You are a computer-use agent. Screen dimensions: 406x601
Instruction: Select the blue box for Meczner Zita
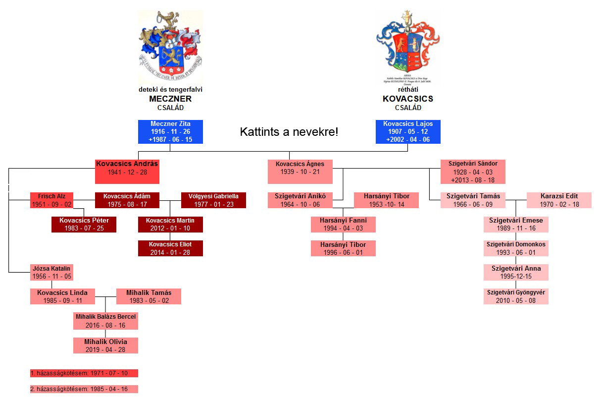pyautogui.click(x=170, y=132)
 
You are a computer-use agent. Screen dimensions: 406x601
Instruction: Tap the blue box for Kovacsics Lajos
pyautogui.click(x=408, y=132)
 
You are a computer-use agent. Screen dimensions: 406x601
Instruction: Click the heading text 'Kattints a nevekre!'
pyautogui.click(x=289, y=132)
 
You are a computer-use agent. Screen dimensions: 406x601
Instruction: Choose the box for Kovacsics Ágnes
pyautogui.click(x=300, y=172)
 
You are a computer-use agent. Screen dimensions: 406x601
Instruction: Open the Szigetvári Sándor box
pyautogui.click(x=473, y=172)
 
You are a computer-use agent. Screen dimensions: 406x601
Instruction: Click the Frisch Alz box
pyautogui.click(x=51, y=200)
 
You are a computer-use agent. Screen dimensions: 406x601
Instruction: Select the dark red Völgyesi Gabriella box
pyautogui.click(x=213, y=200)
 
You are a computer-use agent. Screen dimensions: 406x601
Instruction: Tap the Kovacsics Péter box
pyautogui.click(x=84, y=224)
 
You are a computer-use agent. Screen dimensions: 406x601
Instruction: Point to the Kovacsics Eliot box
pyautogui.click(x=170, y=248)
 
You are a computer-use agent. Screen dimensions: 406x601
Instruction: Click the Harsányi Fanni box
pyautogui.click(x=343, y=224)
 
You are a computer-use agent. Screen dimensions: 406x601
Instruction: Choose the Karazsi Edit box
pyautogui.click(x=559, y=200)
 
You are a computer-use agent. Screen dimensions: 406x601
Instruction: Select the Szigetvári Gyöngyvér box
pyautogui.click(x=516, y=296)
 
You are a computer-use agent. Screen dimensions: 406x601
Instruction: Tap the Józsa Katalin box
pyautogui.click(x=51, y=272)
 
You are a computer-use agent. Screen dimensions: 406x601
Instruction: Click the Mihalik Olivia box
pyautogui.click(x=105, y=346)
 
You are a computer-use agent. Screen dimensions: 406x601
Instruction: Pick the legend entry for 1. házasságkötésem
pyautogui.click(x=84, y=373)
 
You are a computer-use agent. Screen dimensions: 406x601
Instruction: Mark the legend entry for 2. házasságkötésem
pyautogui.click(x=84, y=389)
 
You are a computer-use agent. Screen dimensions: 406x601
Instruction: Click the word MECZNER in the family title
pyautogui.click(x=170, y=99)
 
